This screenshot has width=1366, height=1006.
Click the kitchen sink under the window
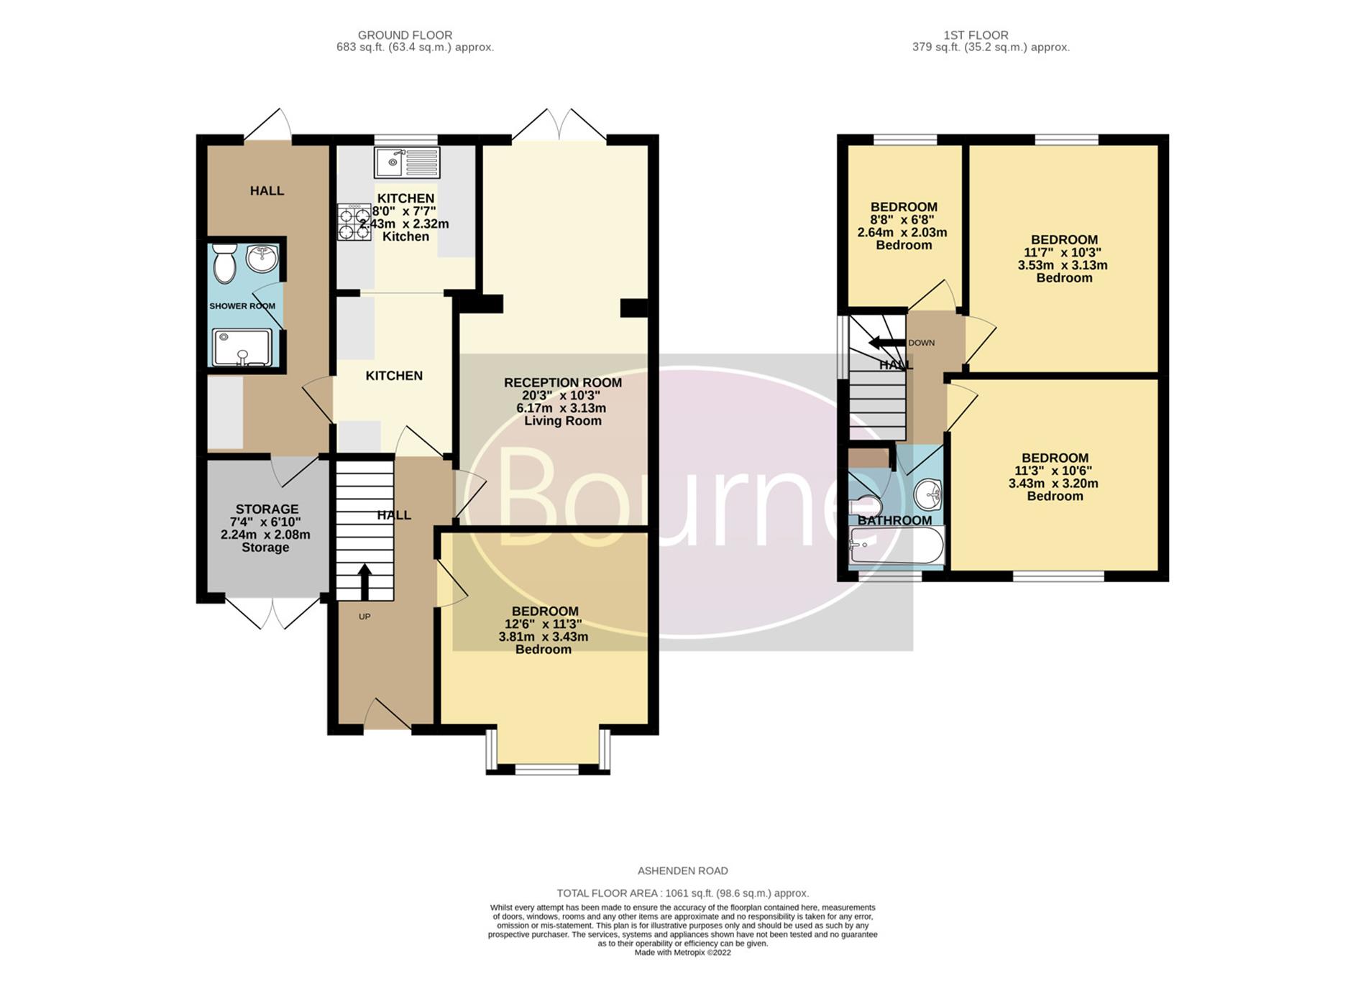pos(406,162)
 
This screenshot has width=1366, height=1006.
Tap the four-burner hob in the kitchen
pos(354,223)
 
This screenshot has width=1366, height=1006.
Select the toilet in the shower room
pos(226,263)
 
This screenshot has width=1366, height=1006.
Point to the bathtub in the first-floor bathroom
pos(896,545)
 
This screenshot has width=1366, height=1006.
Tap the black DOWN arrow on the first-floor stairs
pos(886,343)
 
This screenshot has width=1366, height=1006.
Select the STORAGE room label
pos(267,509)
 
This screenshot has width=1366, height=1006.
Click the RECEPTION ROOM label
pos(563,382)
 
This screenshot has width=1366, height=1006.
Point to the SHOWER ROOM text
pos(242,306)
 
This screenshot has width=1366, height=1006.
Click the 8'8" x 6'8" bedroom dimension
pos(904,220)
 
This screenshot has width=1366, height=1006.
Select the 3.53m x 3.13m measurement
pos(1063,265)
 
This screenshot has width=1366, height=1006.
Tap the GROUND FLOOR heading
pos(405,34)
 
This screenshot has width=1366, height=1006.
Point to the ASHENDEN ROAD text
pos(683,871)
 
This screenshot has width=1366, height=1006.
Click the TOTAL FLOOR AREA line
pos(683,893)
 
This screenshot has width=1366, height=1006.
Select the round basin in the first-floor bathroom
pos(928,494)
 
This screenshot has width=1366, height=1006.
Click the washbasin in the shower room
pos(262,259)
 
